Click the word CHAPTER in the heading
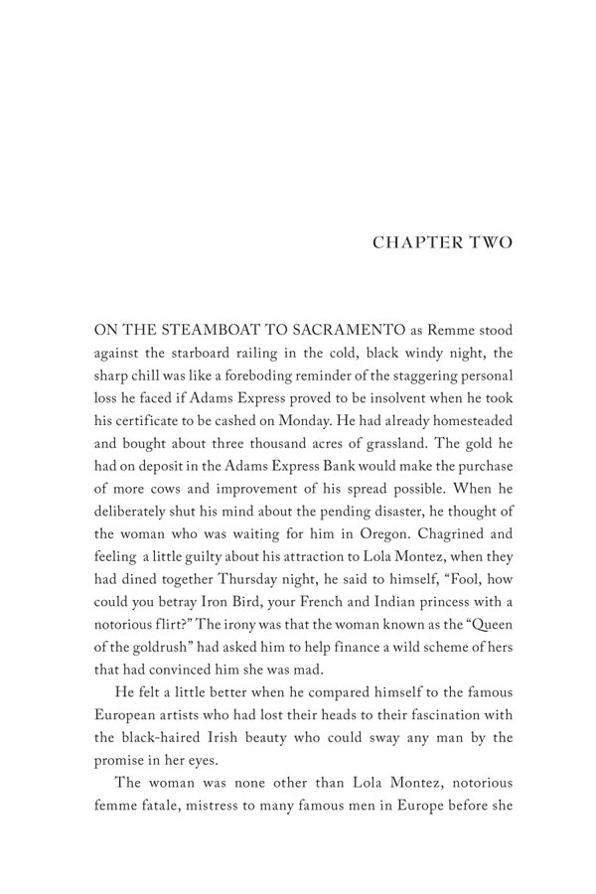click(x=406, y=243)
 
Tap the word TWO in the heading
click(x=486, y=243)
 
